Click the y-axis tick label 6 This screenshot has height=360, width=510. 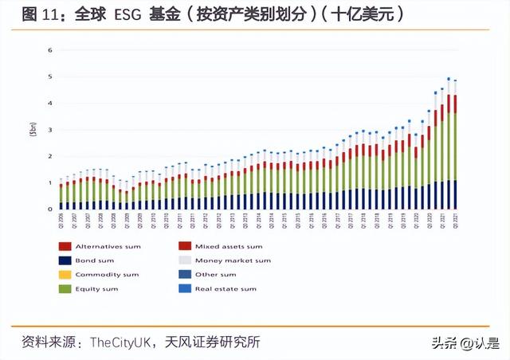point(49,49)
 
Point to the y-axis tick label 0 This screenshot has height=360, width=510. point(49,209)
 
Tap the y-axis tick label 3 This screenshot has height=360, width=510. point(49,129)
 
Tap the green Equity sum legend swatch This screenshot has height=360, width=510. point(64,288)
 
